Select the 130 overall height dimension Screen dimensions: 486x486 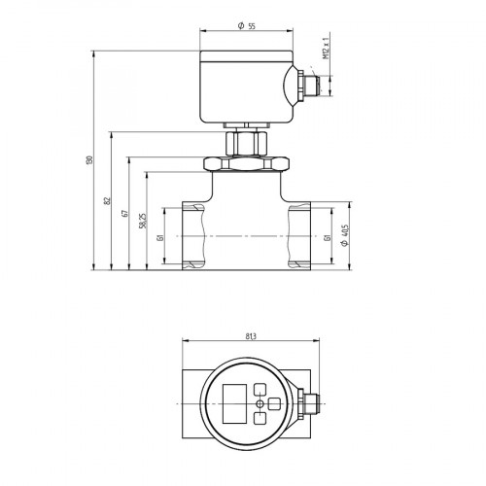click(89, 159)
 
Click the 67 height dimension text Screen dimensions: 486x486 click(125, 213)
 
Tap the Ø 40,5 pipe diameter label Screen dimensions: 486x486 click(345, 236)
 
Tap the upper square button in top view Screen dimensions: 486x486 click(260, 387)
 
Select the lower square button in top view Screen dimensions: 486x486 click(260, 419)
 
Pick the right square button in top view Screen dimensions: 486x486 click(275, 402)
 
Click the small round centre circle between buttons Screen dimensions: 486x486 click(259, 403)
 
